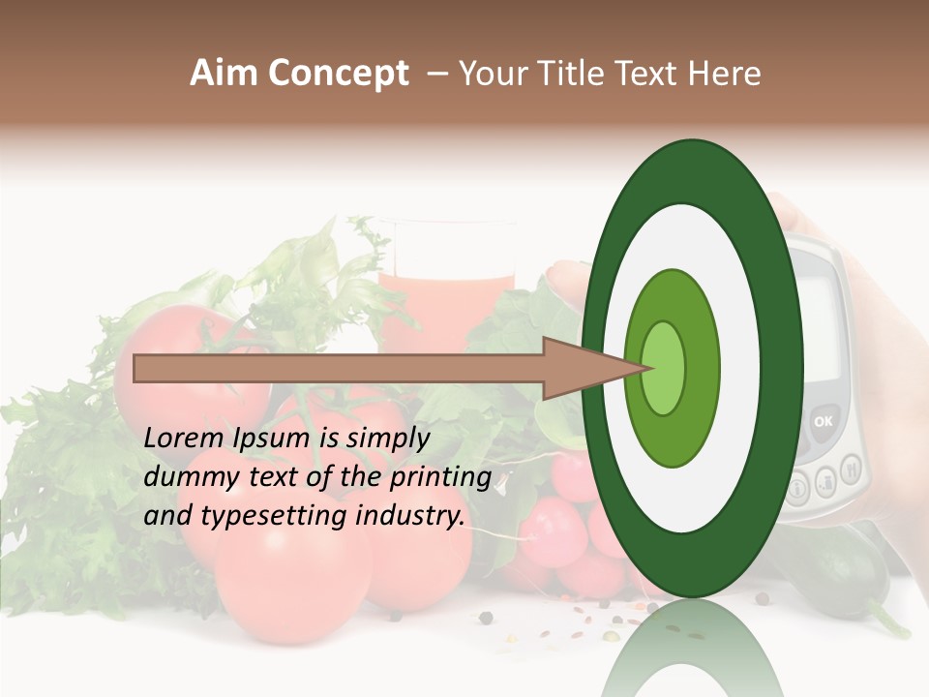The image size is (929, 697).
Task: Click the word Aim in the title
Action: coord(224,74)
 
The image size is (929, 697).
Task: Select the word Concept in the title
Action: coord(338,74)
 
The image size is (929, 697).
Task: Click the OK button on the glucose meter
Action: coord(823,421)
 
